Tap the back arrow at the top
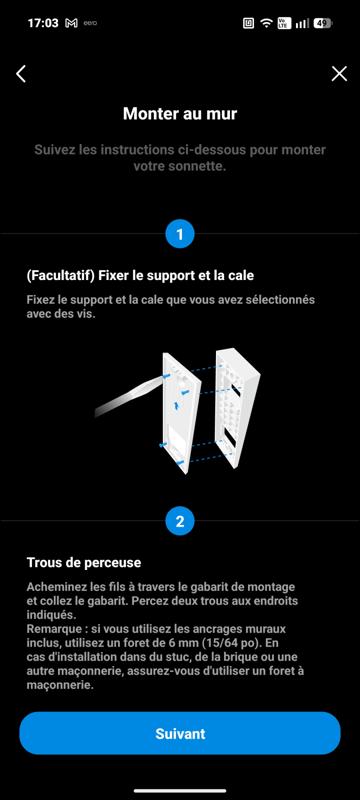pyautogui.click(x=21, y=74)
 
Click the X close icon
pyautogui.click(x=339, y=73)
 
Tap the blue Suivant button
pyautogui.click(x=180, y=733)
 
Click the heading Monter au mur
pyautogui.click(x=180, y=113)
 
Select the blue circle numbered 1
pyautogui.click(x=180, y=234)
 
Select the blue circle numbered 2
pyautogui.click(x=180, y=521)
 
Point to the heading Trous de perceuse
pyautogui.click(x=84, y=562)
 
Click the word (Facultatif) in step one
pyautogui.click(x=60, y=275)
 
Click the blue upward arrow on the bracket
pyautogui.click(x=176, y=405)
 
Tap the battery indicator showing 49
pyautogui.click(x=323, y=23)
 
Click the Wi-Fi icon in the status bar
pyautogui.click(x=266, y=23)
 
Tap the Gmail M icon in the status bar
pyautogui.click(x=71, y=23)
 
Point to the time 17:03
pyautogui.click(x=43, y=23)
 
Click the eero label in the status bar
pyautogui.click(x=90, y=23)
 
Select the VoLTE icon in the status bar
pyautogui.click(x=284, y=23)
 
